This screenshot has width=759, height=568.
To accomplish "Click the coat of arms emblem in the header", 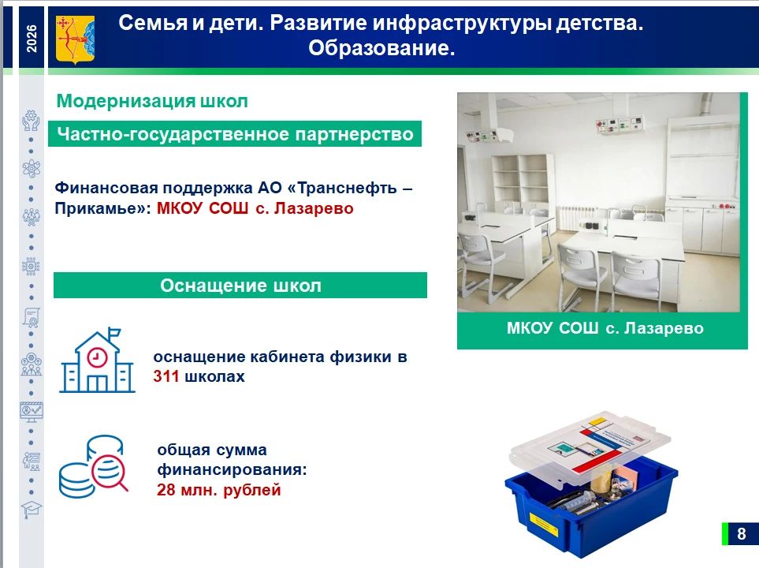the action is click(x=75, y=39).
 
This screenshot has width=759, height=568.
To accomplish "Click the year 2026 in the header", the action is click(x=32, y=39).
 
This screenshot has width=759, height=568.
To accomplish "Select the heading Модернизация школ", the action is click(x=152, y=101).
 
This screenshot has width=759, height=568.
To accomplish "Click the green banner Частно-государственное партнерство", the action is click(x=235, y=134).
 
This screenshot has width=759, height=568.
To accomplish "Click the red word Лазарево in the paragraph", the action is click(x=314, y=208).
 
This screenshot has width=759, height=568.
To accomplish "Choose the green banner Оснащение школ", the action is click(x=240, y=285).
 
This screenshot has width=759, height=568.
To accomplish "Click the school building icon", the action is click(x=97, y=360).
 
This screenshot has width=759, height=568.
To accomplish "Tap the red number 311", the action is click(x=166, y=376).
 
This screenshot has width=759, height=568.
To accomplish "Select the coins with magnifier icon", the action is click(x=94, y=466).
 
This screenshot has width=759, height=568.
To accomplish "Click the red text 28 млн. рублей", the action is click(x=219, y=490).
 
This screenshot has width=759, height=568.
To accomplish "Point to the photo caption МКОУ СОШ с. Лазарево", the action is click(x=605, y=328).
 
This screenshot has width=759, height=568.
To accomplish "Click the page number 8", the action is click(x=741, y=533).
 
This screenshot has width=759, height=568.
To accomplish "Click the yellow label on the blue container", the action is click(x=544, y=525).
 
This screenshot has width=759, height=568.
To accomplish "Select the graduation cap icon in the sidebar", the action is click(x=32, y=510).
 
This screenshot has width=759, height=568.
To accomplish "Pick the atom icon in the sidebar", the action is click(x=32, y=168).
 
